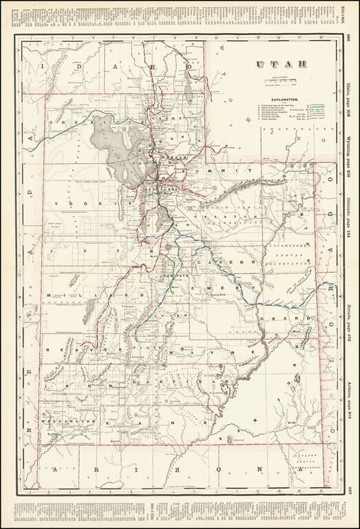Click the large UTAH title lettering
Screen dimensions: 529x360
pyautogui.click(x=273, y=66)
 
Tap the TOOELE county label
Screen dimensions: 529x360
pyautogui.click(x=93, y=205)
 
